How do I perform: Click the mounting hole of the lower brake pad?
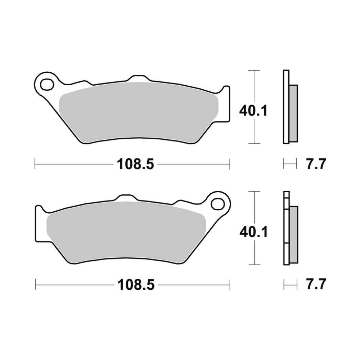pyautogui.click(x=218, y=204)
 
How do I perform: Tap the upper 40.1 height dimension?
pyautogui.click(x=253, y=111)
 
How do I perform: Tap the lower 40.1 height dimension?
pyautogui.click(x=253, y=232)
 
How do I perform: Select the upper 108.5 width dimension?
pyautogui.click(x=135, y=165)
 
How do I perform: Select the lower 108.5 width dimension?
pyautogui.click(x=136, y=285)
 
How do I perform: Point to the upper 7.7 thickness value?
pyautogui.click(x=316, y=165)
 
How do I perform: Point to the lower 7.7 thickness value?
pyautogui.click(x=316, y=284)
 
